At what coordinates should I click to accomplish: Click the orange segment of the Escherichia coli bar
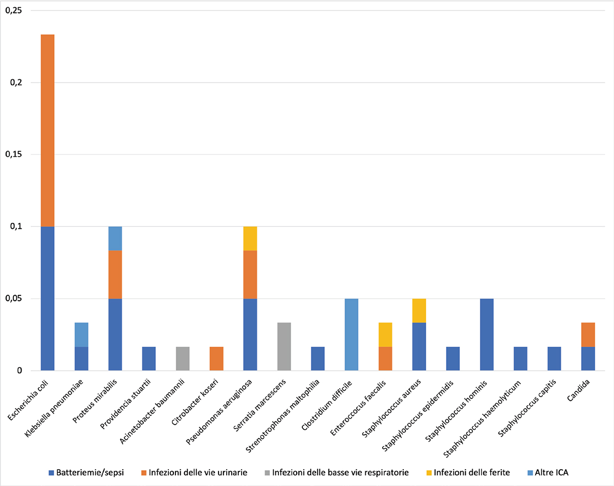(x=48, y=131)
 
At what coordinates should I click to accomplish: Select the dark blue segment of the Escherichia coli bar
(x=48, y=298)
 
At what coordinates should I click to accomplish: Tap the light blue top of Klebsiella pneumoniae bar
(x=81, y=334)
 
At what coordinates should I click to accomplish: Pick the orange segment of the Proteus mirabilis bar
(x=115, y=274)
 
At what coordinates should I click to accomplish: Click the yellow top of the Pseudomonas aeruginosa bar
(x=250, y=238)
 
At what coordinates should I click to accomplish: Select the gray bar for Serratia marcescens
(x=284, y=346)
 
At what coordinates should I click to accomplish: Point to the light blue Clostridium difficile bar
(x=352, y=334)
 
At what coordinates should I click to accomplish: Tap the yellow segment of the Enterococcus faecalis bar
(x=385, y=334)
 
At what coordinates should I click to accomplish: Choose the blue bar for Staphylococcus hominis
(x=487, y=334)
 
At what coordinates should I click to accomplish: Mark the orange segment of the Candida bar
(x=588, y=334)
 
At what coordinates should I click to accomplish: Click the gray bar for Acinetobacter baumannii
(x=183, y=358)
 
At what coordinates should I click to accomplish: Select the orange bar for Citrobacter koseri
(x=216, y=358)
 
